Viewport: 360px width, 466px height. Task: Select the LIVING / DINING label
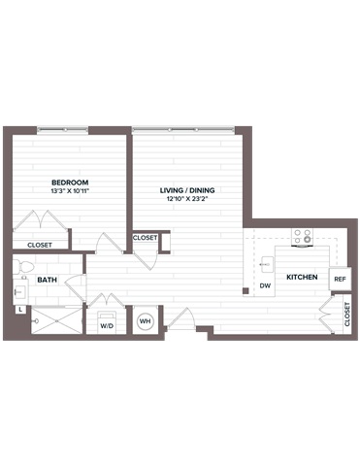coord(187,190)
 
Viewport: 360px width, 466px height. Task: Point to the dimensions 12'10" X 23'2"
coord(187,201)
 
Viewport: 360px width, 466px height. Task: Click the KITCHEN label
coord(302,279)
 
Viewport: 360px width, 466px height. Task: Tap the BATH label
coord(47,281)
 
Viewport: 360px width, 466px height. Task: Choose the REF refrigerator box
coord(340,280)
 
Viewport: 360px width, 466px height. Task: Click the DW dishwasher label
coord(264,285)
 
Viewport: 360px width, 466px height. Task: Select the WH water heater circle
coord(146,321)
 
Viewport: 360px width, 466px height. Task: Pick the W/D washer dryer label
coord(107,327)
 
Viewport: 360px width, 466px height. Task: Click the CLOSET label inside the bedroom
coord(40,246)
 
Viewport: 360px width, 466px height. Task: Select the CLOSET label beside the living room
coord(146,237)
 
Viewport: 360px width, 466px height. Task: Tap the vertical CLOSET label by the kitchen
coord(346,314)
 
